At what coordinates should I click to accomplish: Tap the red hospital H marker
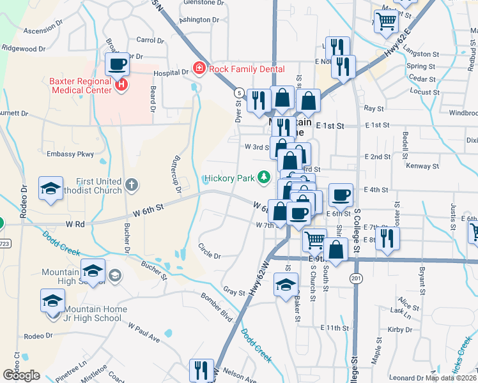[120, 83]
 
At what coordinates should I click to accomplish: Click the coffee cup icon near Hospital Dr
[118, 64]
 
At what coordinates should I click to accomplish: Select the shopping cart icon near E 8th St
[314, 240]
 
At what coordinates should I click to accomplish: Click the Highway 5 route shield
[239, 93]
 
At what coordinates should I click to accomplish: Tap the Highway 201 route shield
[356, 278]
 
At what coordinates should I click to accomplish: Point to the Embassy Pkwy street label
[70, 154]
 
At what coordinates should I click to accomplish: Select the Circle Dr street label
[209, 252]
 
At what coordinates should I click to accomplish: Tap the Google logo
[20, 375]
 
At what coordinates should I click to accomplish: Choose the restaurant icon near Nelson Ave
[201, 370]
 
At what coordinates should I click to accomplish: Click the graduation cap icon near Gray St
[286, 284]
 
